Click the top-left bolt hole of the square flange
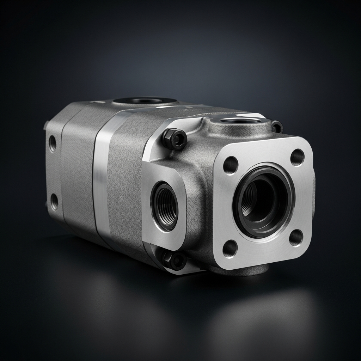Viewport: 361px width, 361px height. (231, 165)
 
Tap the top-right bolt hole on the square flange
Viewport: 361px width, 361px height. (297, 157)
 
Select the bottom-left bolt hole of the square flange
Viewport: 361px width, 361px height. (230, 249)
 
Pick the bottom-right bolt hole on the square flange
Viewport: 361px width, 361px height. (296, 238)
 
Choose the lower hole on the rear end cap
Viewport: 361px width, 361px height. (54, 201)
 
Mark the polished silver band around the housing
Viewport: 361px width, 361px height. (101, 176)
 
